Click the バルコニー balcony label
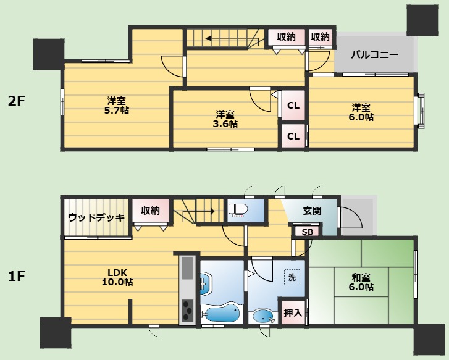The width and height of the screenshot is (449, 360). (374, 54)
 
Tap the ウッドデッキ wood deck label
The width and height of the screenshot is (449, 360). (96, 217)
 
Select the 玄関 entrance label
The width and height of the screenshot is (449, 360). (312, 211)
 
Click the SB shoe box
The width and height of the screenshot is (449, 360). (308, 232)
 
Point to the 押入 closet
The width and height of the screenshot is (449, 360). (293, 312)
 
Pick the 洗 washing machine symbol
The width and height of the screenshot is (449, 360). (292, 277)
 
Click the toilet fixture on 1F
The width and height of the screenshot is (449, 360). (238, 210)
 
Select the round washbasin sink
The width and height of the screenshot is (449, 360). (264, 316)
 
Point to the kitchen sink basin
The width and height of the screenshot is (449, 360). (188, 268)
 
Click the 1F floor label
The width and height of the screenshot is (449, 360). (16, 277)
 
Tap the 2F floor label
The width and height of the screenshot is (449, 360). (16, 101)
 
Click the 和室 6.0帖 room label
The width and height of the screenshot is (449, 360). (361, 282)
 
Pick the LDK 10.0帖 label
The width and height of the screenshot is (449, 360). (117, 277)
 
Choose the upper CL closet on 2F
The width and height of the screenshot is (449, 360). (293, 106)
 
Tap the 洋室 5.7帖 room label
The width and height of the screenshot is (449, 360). (117, 106)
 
